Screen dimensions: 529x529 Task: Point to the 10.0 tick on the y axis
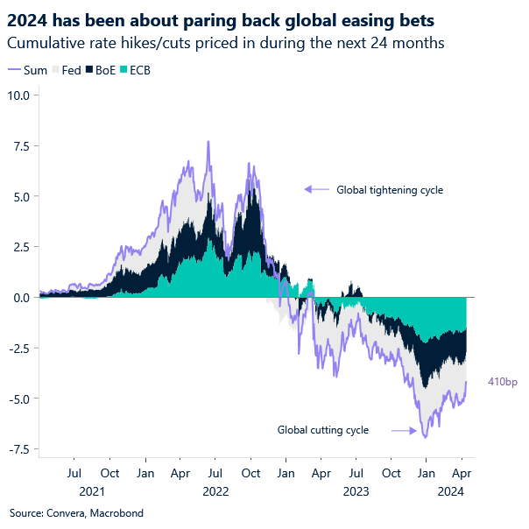[19, 95]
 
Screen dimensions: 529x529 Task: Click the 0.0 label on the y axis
[21, 298]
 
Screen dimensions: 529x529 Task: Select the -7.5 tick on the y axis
[19, 449]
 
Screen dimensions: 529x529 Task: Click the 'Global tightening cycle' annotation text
[390, 189]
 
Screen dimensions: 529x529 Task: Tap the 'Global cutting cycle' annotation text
[323, 430]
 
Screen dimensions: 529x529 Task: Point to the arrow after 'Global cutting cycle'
[403, 430]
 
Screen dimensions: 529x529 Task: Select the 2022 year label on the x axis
[215, 491]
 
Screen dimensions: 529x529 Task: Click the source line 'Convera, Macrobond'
[76, 513]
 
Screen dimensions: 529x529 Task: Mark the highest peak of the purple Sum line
[208, 142]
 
